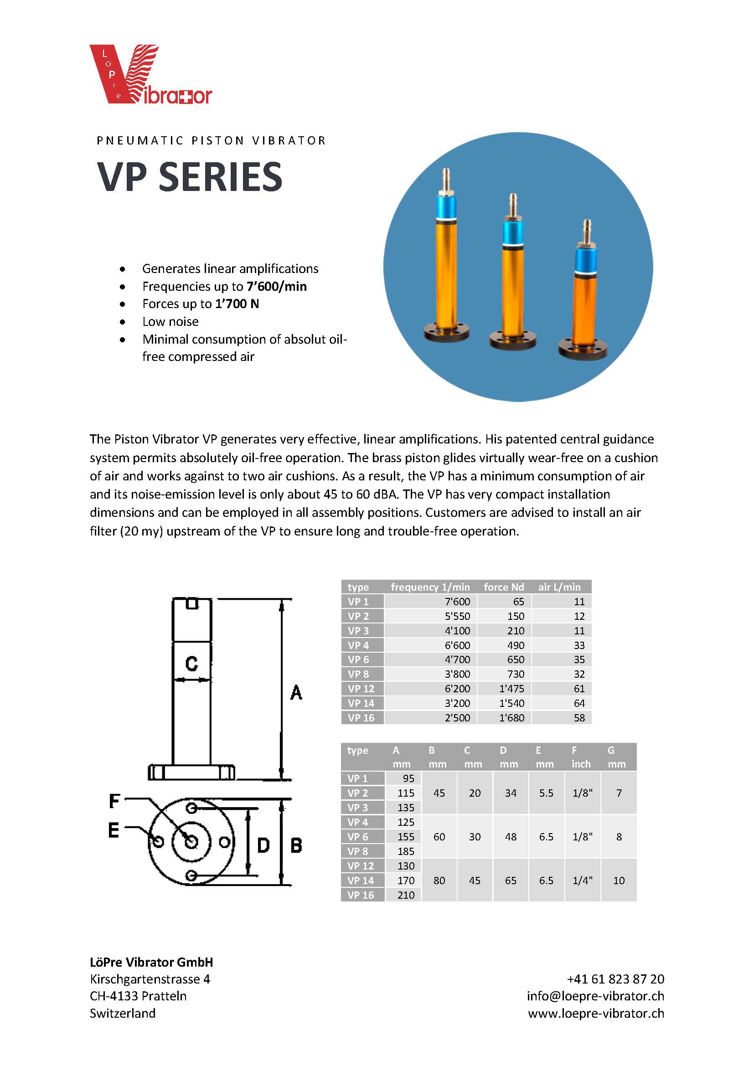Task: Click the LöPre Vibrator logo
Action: click(150, 74)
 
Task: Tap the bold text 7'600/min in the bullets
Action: click(276, 287)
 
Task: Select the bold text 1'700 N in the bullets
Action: click(237, 304)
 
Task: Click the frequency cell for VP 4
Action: click(457, 645)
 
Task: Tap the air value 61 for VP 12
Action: click(578, 689)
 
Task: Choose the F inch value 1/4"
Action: click(582, 881)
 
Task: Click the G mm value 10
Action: click(619, 881)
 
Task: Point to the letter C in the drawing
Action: click(191, 664)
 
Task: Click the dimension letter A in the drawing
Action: click(296, 693)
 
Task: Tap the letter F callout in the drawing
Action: click(114, 801)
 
